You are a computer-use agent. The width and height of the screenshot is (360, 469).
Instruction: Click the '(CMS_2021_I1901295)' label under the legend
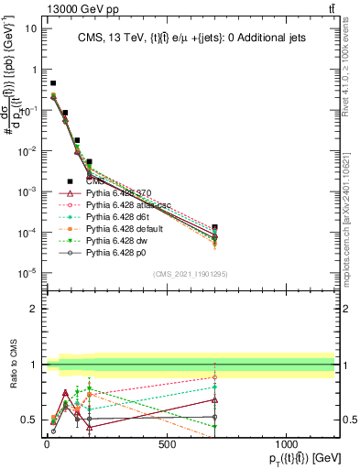click(190, 274)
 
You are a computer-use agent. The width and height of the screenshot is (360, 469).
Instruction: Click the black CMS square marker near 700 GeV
click(214, 226)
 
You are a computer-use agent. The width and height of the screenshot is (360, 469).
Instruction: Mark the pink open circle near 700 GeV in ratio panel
click(214, 377)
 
